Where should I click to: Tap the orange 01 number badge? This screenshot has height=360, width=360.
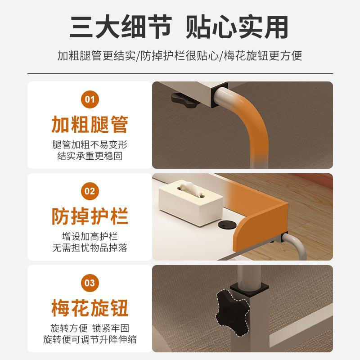click(x=90, y=99)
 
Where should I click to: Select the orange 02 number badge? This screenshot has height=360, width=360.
click(x=90, y=191)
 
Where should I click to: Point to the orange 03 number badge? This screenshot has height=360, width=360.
click(x=90, y=283)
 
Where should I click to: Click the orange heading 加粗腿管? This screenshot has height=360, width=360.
click(x=90, y=124)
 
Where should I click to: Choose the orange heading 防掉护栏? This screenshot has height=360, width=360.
click(x=90, y=216)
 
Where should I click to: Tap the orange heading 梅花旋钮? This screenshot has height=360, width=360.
click(x=90, y=308)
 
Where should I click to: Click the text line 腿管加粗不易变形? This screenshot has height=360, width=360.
click(x=90, y=145)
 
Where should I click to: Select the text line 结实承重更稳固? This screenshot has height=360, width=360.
click(x=90, y=156)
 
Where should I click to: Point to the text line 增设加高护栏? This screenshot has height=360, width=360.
click(x=90, y=237)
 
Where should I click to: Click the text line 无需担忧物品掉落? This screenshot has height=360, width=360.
click(x=90, y=248)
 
